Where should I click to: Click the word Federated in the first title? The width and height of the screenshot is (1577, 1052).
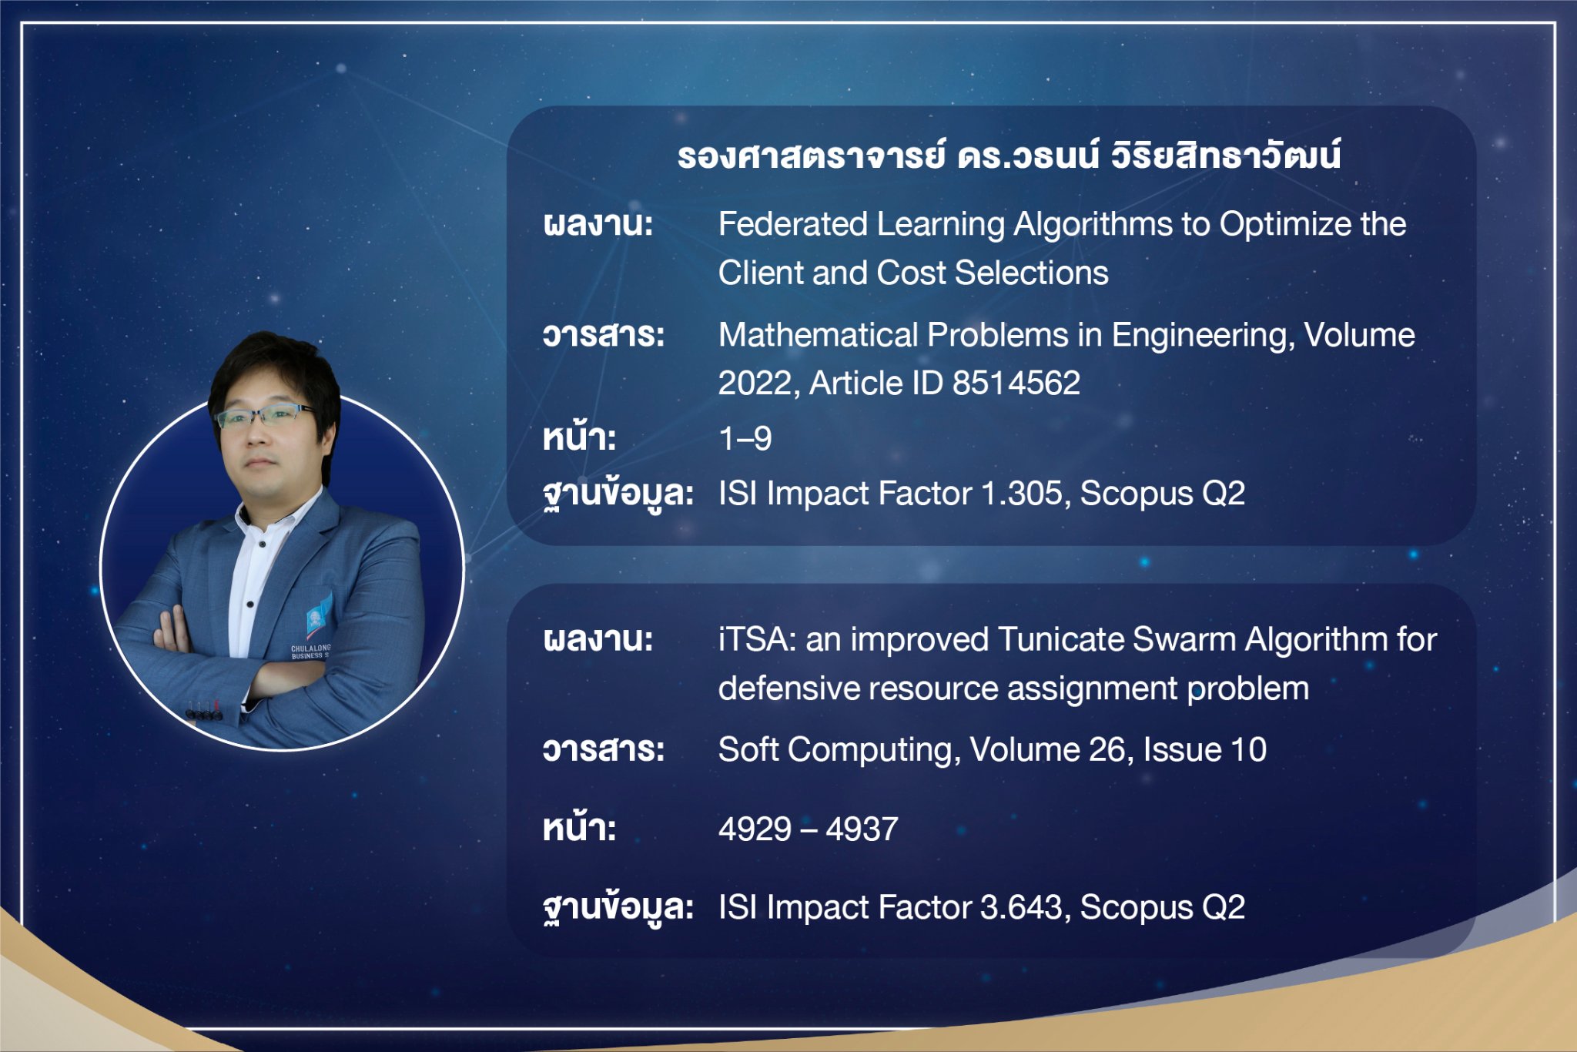(x=792, y=224)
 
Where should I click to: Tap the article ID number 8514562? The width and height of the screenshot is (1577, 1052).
(x=1016, y=383)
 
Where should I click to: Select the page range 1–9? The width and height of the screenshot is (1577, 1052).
(x=745, y=438)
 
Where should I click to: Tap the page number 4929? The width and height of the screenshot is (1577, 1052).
(x=754, y=829)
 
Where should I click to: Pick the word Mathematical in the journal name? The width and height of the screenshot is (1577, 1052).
(x=819, y=335)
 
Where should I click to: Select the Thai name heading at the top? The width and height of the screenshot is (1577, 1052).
(x=1009, y=155)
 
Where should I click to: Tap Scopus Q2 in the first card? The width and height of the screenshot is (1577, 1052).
(x=1163, y=494)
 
